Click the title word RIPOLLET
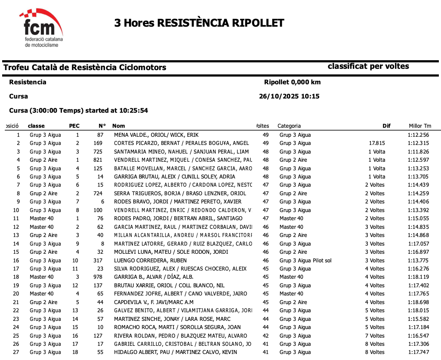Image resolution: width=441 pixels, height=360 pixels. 258,23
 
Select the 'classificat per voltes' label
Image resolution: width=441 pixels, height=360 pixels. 368,66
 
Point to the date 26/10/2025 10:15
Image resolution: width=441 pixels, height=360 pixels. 289,96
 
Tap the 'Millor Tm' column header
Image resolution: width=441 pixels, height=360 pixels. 419,126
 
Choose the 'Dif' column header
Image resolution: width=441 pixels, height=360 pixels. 386,126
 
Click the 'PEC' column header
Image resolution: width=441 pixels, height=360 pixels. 74,126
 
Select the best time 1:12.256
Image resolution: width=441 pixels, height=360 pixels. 418,135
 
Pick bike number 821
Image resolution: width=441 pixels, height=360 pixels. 98,160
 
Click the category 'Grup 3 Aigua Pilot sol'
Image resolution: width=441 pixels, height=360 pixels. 305,261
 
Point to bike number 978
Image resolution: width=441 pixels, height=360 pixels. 98,277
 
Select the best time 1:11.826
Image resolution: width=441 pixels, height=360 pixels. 418,152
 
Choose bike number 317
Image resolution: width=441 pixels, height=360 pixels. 98,261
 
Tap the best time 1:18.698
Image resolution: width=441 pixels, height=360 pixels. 418,302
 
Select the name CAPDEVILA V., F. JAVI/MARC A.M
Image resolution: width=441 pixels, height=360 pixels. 154,302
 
